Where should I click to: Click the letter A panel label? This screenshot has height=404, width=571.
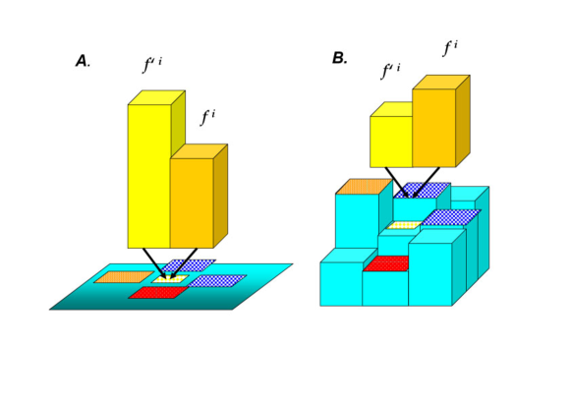point(82,61)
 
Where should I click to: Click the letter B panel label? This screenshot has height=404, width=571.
point(339,58)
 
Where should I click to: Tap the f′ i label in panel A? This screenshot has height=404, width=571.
point(152,66)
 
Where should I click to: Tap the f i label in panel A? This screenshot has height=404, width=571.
point(207,118)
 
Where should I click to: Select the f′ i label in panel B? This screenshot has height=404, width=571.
point(390,72)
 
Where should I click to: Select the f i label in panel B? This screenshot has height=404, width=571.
point(450,48)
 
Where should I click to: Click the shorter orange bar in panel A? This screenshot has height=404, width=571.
point(192,202)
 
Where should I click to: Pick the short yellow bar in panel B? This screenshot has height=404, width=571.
point(390,142)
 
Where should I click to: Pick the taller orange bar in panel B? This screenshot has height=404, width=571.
point(433,128)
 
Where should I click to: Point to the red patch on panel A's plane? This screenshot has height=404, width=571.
point(157,292)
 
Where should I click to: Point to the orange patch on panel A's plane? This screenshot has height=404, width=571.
point(123,277)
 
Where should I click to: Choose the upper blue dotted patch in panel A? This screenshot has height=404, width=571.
point(189,265)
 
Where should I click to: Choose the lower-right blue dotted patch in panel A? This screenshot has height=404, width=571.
point(217,280)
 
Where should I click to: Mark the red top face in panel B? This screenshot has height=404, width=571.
point(386,263)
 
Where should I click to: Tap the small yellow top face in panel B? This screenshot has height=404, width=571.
point(403,226)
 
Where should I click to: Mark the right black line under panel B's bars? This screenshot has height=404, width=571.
point(426,182)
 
